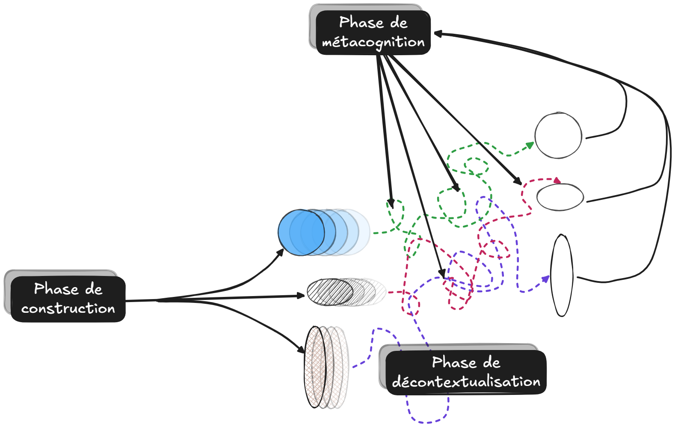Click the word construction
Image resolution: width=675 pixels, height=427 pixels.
pyautogui.click(x=68, y=308)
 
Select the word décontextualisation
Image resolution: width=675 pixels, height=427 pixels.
pyautogui.click(x=466, y=382)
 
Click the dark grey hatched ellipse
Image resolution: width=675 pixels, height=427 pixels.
pyautogui.click(x=330, y=292)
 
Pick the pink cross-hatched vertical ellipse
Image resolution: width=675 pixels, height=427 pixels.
pyautogui.click(x=315, y=367)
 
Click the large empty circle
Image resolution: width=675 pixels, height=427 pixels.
pyautogui.click(x=558, y=136)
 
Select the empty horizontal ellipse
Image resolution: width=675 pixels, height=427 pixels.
pyautogui.click(x=560, y=197)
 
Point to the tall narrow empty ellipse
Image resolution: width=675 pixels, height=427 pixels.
pyautogui.click(x=561, y=275)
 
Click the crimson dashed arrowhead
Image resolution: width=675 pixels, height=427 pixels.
pyautogui.click(x=557, y=181)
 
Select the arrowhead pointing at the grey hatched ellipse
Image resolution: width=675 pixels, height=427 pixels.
pyautogui.click(x=301, y=295)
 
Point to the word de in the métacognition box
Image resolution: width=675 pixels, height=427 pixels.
pyautogui.click(x=399, y=23)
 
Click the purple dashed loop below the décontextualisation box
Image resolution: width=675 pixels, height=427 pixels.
pyautogui.click(x=428, y=417)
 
